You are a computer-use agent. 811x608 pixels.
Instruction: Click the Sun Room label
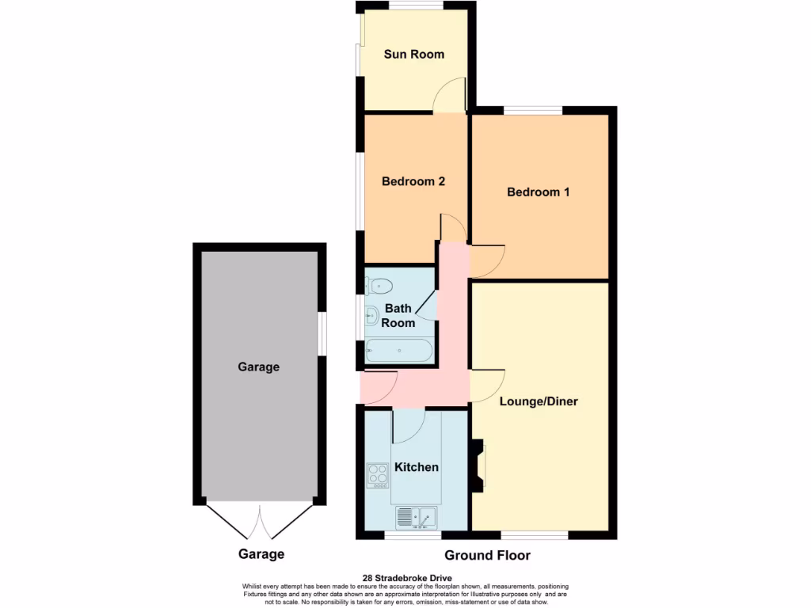[413, 55]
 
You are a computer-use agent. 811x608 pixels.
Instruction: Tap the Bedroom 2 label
[413, 181]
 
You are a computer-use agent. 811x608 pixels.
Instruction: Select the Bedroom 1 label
[539, 192]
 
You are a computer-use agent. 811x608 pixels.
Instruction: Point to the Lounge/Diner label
[539, 401]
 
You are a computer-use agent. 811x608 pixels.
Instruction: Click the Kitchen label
[417, 467]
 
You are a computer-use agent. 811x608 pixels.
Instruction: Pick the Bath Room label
[398, 316]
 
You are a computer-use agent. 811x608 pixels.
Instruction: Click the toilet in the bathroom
[380, 285]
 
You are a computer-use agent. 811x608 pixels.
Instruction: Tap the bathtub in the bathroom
[399, 350]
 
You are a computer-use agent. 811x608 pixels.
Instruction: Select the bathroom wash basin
[374, 317]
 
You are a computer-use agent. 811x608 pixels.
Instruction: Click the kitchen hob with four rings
[378, 475]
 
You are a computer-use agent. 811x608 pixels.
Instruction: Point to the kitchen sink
[417, 518]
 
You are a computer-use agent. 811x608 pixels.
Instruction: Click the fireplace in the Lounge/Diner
[478, 466]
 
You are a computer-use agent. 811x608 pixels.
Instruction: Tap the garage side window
[323, 333]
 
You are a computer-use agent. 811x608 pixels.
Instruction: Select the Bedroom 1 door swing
[486, 260]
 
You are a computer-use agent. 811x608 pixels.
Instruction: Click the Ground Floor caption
[487, 556]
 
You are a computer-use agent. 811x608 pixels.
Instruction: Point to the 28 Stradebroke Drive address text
[405, 578]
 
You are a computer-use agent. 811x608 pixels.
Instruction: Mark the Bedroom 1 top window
[532, 110]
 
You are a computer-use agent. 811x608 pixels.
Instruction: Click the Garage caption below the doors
[261, 554]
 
